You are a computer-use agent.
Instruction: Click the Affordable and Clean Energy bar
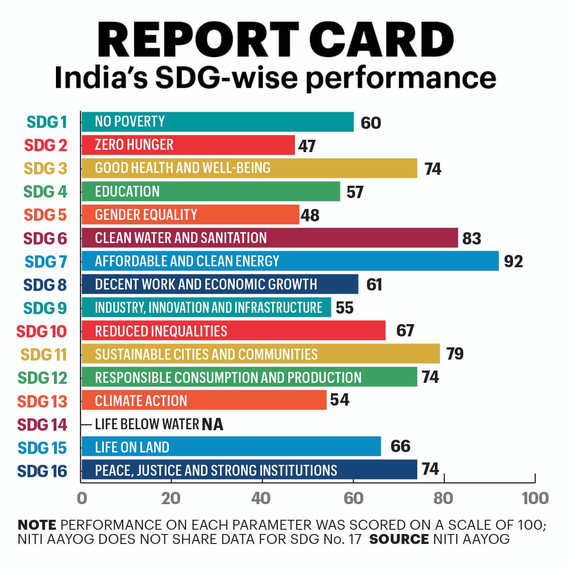click(x=290, y=261)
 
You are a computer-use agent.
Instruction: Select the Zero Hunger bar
click(x=188, y=145)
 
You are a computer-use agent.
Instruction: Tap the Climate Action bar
click(x=204, y=400)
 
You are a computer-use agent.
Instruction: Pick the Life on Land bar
click(x=231, y=447)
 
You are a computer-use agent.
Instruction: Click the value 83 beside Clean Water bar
click(x=471, y=238)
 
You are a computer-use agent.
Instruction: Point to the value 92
click(x=513, y=262)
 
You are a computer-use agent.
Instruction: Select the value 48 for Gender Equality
click(x=310, y=216)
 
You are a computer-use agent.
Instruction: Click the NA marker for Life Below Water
click(x=212, y=424)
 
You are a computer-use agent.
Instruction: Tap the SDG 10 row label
click(x=42, y=331)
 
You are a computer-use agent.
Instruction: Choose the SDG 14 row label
click(x=42, y=425)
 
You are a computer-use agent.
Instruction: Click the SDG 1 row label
click(x=47, y=122)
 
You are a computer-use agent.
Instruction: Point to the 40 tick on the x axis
click(x=261, y=498)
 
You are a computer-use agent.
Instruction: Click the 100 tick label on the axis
click(x=535, y=498)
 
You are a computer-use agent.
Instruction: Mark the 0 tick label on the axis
click(x=82, y=498)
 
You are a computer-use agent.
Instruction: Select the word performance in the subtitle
click(x=400, y=77)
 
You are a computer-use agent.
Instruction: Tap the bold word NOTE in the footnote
click(x=37, y=525)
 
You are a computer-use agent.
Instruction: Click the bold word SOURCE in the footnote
click(x=399, y=539)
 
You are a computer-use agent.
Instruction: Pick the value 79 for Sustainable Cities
click(x=455, y=354)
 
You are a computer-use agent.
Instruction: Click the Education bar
click(x=211, y=191)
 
